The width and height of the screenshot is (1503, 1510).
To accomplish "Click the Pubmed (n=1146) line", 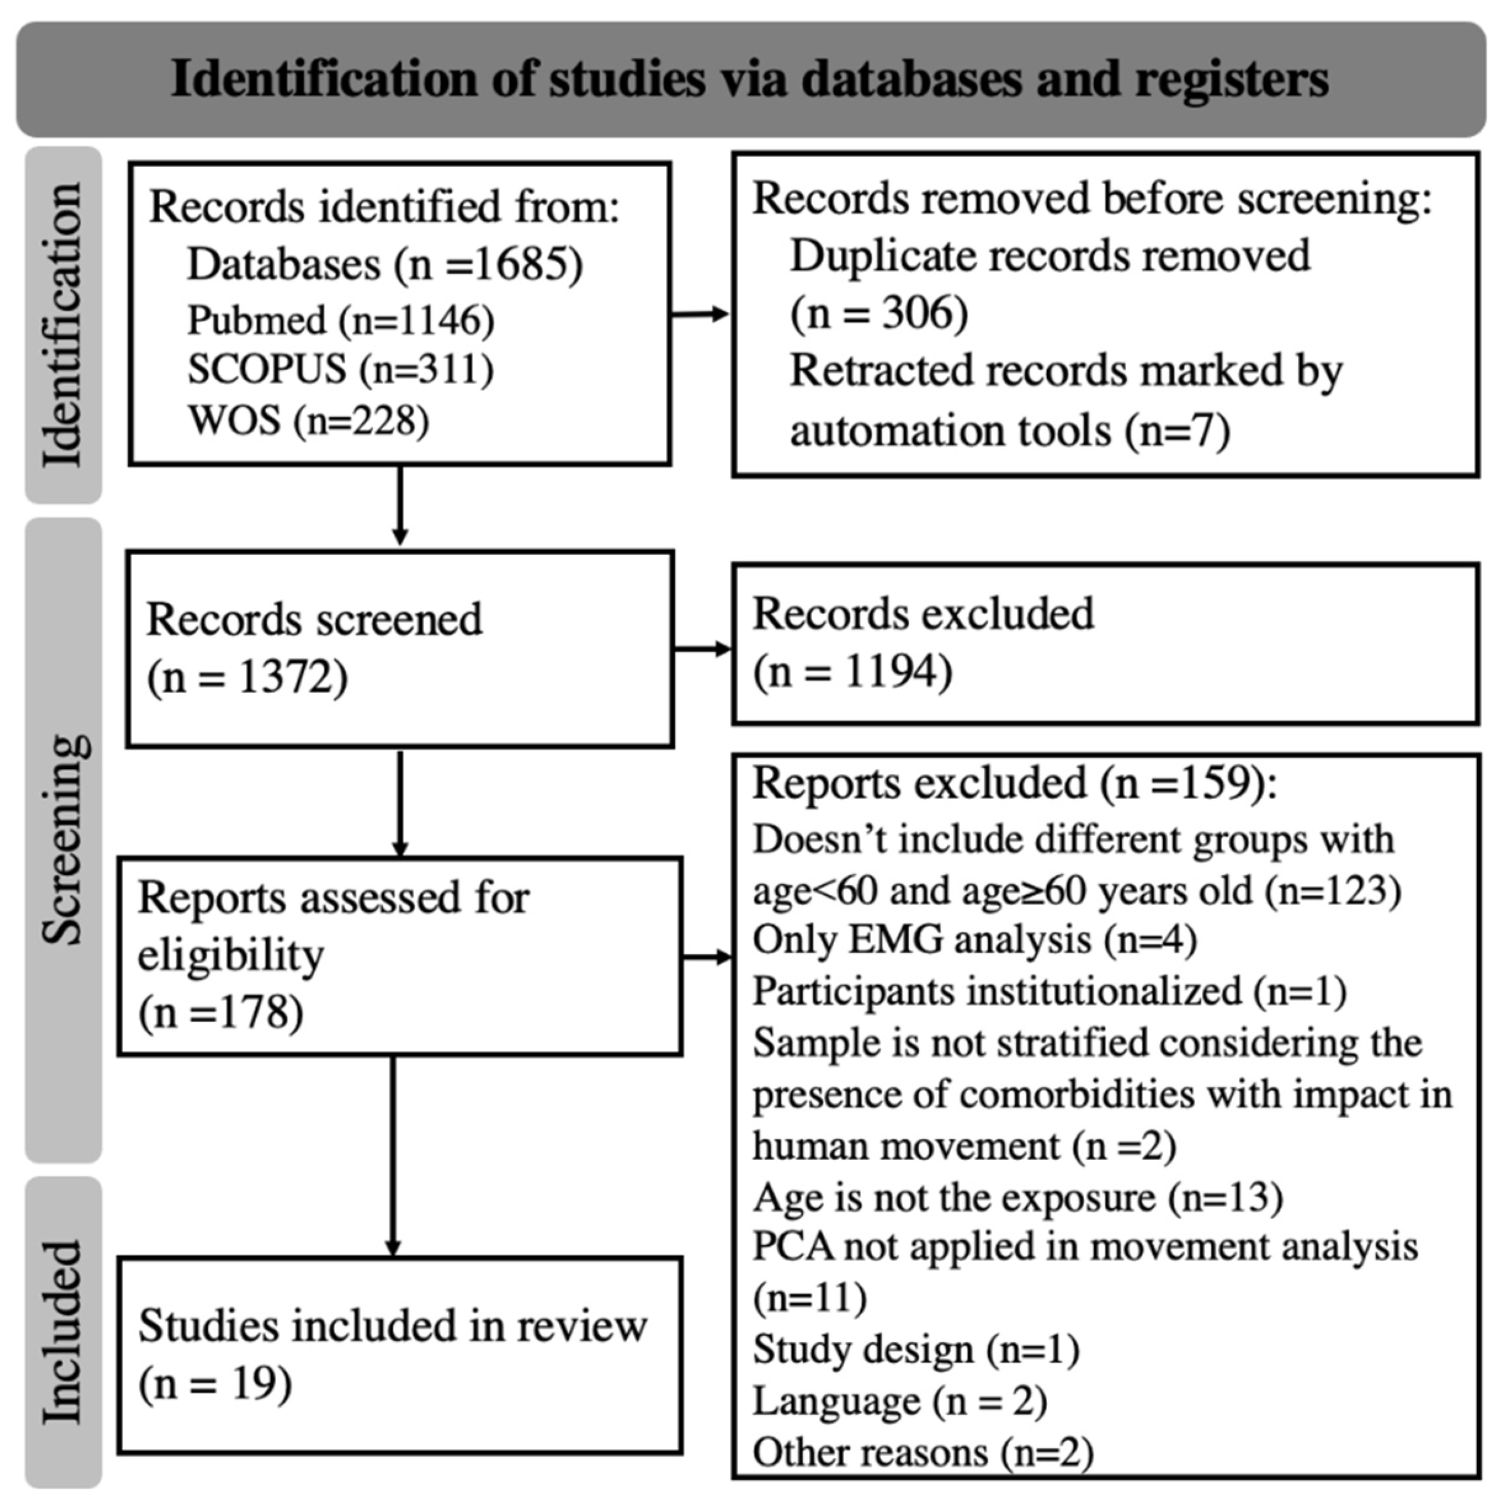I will point(340,320).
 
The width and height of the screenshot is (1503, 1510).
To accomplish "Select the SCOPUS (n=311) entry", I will point(340,370).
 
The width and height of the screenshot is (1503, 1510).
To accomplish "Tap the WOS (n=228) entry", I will point(308,421).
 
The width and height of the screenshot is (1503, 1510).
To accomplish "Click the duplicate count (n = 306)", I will point(878,314).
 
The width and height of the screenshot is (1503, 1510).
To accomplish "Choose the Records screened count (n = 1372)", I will point(247,677).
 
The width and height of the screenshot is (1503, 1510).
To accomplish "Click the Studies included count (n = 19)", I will point(215,1384).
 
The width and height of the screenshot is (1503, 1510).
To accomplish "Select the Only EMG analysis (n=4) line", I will point(974,940).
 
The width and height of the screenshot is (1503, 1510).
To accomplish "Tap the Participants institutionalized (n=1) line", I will point(1049,991).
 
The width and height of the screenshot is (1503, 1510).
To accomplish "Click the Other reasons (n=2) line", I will point(922,1453).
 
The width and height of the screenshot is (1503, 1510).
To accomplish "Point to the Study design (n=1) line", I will point(915,1350).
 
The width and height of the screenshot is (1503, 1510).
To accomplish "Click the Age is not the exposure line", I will point(1017,1198).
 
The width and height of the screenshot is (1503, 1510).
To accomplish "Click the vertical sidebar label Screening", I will point(63,840).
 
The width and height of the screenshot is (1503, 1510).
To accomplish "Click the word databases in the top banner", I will point(911,79).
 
